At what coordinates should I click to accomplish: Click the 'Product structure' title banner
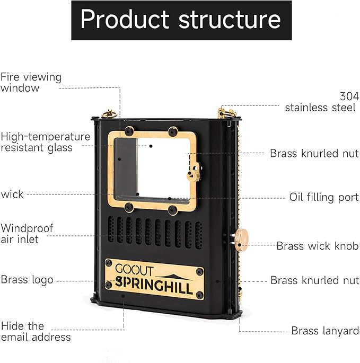181,20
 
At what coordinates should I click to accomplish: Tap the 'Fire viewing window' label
31,82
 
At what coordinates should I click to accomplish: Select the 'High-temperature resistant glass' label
45,142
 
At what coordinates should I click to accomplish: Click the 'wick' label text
12,194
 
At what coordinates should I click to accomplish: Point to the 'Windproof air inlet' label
27,234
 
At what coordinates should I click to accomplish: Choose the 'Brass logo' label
27,280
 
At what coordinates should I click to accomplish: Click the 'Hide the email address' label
36,331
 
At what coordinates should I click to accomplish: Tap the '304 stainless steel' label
320,102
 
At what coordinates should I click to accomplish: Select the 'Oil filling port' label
323,197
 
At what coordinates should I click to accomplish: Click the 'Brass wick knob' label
317,246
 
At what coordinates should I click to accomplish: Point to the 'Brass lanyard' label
324,331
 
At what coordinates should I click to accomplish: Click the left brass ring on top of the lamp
110,113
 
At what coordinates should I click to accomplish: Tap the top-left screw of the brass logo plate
109,264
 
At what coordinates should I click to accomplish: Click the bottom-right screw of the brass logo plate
199,295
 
